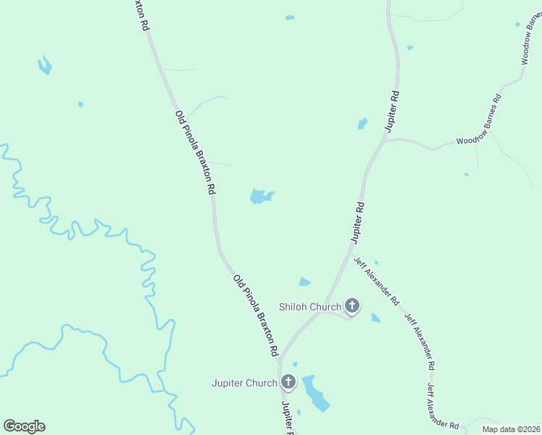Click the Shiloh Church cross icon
[352, 306]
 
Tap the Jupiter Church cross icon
[288, 382]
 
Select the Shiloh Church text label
[310, 307]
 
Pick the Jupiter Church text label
[244, 383]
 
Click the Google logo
[24, 426]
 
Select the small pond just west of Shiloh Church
[304, 282]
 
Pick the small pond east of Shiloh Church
[375, 318]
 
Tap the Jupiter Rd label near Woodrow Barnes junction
[392, 110]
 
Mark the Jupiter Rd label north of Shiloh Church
[357, 222]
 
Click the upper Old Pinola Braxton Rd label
[195, 152]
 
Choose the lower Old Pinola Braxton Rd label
[255, 315]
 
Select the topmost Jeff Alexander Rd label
[376, 281]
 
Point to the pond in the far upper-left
[45, 66]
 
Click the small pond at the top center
[290, 17]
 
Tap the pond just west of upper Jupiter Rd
[362, 124]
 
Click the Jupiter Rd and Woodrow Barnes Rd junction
[383, 141]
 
